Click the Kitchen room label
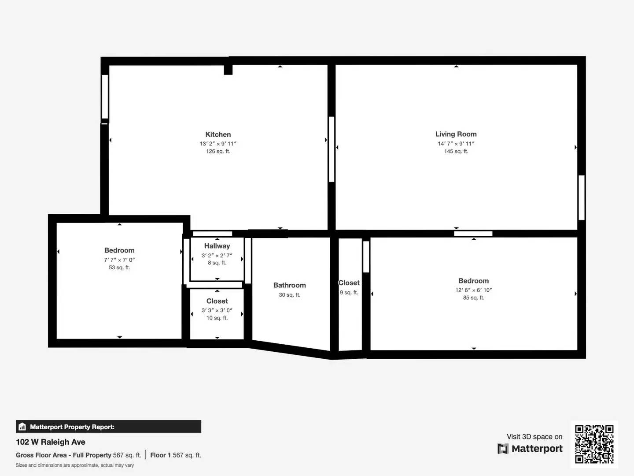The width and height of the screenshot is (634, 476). point(218,134)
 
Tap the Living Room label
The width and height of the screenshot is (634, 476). point(456,134)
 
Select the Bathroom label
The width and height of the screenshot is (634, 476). point(289,285)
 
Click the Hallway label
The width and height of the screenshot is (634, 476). point(217,246)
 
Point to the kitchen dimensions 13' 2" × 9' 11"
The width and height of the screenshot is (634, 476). point(218,144)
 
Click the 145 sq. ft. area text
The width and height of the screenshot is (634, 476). point(456,151)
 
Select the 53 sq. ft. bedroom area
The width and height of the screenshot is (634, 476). point(119,268)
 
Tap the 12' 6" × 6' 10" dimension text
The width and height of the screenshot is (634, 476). point(473,290)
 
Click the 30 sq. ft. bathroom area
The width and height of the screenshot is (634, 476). point(289,295)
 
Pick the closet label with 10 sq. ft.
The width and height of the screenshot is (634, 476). point(217,301)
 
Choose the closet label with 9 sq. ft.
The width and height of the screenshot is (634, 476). point(349,283)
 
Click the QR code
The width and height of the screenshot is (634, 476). point(594,444)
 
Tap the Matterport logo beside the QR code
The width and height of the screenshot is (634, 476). point(530,449)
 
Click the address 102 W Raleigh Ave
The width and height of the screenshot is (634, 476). point(51,442)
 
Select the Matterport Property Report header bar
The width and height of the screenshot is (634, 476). point(108,427)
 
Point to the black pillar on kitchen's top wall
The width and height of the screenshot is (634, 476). point(228,69)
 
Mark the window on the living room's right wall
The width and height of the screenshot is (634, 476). point(581,197)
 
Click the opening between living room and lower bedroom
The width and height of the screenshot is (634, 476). point(473,234)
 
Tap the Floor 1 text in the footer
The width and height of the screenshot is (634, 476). point(160,455)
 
